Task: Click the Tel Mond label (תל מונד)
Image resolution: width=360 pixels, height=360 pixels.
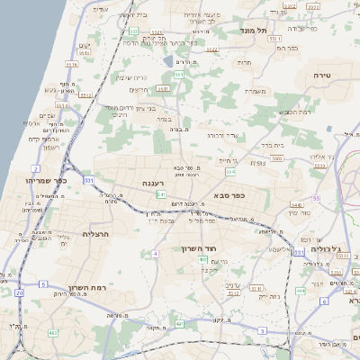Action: pos(256,31)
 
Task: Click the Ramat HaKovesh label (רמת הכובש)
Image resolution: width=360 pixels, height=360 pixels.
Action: pos(296,111)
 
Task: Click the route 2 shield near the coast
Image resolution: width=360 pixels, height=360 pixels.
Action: pos(34,168)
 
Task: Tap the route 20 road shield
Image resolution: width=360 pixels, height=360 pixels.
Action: pos(19,292)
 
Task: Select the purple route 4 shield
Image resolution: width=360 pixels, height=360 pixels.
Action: pos(155,254)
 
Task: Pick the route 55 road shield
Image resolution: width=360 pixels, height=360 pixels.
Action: pos(316,198)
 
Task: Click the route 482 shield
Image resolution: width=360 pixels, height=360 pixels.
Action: pos(53,333)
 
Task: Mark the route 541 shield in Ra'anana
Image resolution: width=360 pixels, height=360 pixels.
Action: pos(160,194)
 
